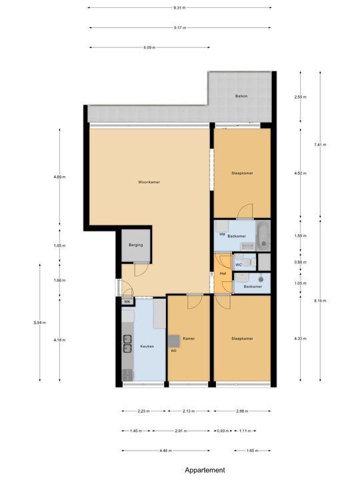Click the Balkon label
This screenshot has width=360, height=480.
[x=241, y=97]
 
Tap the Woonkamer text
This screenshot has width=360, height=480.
[x=149, y=182]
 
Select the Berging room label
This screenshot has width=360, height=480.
[x=136, y=245]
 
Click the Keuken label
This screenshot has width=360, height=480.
[x=147, y=347]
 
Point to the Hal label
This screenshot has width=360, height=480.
[x=222, y=273]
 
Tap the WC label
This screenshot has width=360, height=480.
[x=238, y=264]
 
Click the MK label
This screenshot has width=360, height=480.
[x=127, y=302]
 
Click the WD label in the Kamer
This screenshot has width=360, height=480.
[x=173, y=351]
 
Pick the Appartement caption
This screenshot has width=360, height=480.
[x=205, y=469]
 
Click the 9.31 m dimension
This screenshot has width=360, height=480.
[x=179, y=8]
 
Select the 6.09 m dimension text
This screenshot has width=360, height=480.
[x=149, y=47]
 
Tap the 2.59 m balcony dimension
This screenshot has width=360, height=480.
[x=300, y=97]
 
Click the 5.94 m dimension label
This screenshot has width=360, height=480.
[x=38, y=323]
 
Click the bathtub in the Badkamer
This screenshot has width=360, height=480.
[x=263, y=235]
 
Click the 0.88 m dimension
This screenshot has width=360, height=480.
[x=300, y=262]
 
